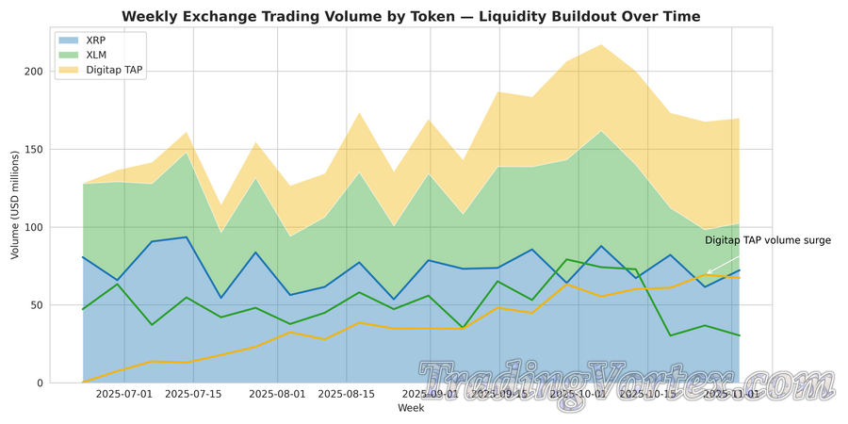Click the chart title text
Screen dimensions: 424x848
tap(411, 17)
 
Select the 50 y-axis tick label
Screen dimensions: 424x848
tap(35, 305)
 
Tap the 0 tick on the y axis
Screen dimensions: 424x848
tap(39, 383)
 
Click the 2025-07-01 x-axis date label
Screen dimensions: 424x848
tap(124, 394)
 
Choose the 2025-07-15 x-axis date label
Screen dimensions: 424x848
tap(193, 394)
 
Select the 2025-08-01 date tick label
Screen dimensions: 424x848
tap(278, 394)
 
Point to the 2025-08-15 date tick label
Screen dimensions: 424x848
tap(348, 394)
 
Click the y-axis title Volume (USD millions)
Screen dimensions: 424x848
tap(14, 204)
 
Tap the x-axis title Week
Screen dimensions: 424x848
tap(411, 408)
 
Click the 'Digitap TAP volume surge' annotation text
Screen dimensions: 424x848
tap(768, 241)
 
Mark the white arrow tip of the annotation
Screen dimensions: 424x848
tap(707, 274)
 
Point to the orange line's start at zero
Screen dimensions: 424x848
tap(83, 383)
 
